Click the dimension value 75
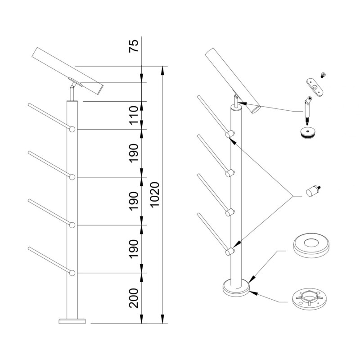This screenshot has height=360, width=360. pos(134,46)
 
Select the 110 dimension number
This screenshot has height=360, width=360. pos(134,115)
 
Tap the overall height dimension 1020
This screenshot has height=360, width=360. pos(155,195)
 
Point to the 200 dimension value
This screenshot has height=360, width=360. pos(134,298)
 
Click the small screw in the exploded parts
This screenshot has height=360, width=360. pos(323,75)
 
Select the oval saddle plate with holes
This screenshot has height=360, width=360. pos(315,87)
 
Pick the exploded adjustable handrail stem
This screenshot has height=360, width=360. pos(307,109)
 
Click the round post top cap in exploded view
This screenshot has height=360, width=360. pos(308,132)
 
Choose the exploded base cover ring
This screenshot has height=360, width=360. pos(311,245)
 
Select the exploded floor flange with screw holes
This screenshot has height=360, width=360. pos(309,300)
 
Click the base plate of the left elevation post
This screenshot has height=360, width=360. pos(72,321)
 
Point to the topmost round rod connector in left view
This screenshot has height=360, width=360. pos(72,129)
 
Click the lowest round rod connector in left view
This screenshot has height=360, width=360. pos(72,273)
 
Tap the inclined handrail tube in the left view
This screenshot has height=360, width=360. pos(67,71)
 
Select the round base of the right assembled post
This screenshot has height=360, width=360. pos(236,288)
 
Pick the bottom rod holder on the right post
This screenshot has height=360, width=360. pos(229,251)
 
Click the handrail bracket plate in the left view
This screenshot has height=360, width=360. pos(75,82)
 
